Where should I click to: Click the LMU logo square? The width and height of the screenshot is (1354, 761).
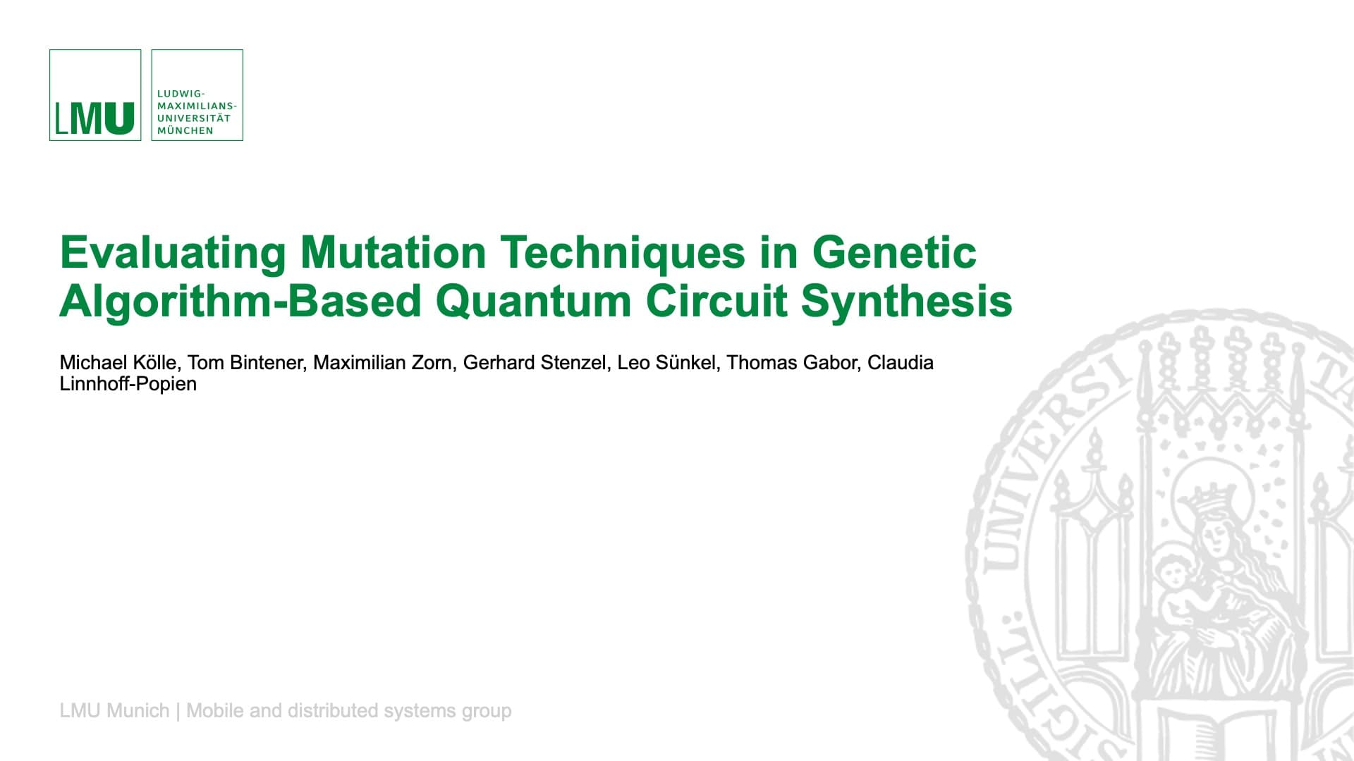point(95,95)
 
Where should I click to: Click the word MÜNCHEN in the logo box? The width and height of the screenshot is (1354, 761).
point(185,130)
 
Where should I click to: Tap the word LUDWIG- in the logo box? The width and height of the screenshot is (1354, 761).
point(181,93)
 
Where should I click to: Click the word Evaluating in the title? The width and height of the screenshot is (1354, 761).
point(173,252)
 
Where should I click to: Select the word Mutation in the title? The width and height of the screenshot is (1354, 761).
point(393,252)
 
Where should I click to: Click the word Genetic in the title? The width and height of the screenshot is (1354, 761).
point(894,252)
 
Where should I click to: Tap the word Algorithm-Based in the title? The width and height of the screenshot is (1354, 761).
point(240,301)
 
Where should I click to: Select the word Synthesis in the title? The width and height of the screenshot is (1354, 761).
point(906,301)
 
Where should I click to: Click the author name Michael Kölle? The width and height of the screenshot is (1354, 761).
point(118,363)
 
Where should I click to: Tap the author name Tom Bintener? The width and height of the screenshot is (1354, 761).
point(245,363)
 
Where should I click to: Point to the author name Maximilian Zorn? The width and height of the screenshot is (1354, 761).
point(382,363)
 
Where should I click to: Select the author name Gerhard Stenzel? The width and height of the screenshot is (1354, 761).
point(535,363)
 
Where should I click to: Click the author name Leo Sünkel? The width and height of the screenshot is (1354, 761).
point(666,363)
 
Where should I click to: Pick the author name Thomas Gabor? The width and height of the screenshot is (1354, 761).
point(792,363)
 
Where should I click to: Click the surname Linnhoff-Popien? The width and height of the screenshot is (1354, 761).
point(128,384)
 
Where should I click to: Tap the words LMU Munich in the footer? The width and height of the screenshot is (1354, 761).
point(114,710)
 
